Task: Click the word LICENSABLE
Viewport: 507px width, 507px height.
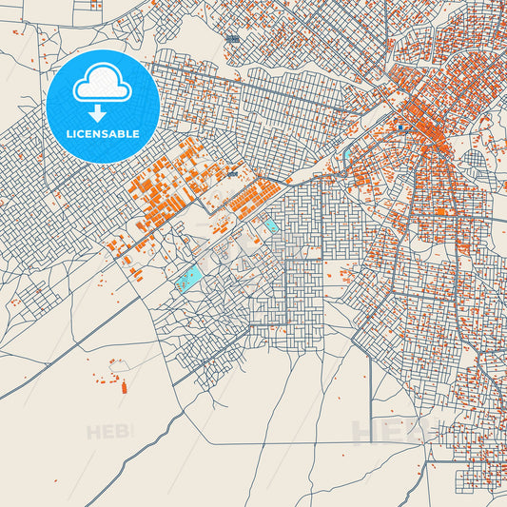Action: pos(103,134)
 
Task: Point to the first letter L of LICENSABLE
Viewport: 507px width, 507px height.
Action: pos(68,134)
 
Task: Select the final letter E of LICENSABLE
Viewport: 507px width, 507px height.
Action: pos(137,134)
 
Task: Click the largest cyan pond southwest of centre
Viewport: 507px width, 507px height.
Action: pos(189,278)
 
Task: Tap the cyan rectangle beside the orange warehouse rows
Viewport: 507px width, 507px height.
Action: pos(271,226)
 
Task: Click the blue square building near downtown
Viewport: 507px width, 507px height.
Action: pos(401,127)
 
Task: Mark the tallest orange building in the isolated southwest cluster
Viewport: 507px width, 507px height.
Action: pos(124,386)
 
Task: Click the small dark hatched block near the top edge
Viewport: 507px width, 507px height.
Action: pos(233,39)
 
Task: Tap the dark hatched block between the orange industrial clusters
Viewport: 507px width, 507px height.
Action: pos(233,175)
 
